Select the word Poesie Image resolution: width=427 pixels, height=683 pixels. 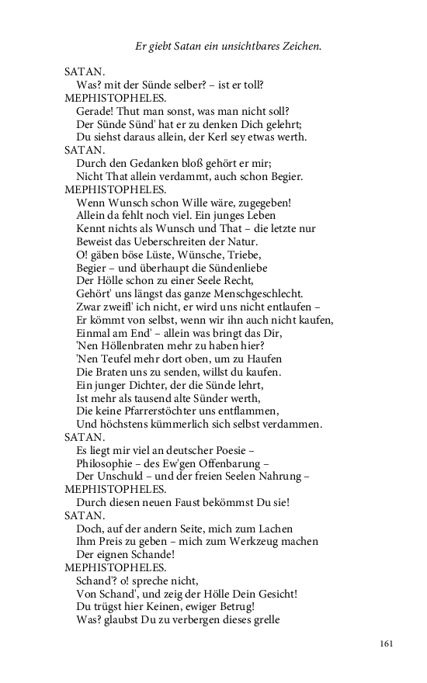click(x=231, y=451)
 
